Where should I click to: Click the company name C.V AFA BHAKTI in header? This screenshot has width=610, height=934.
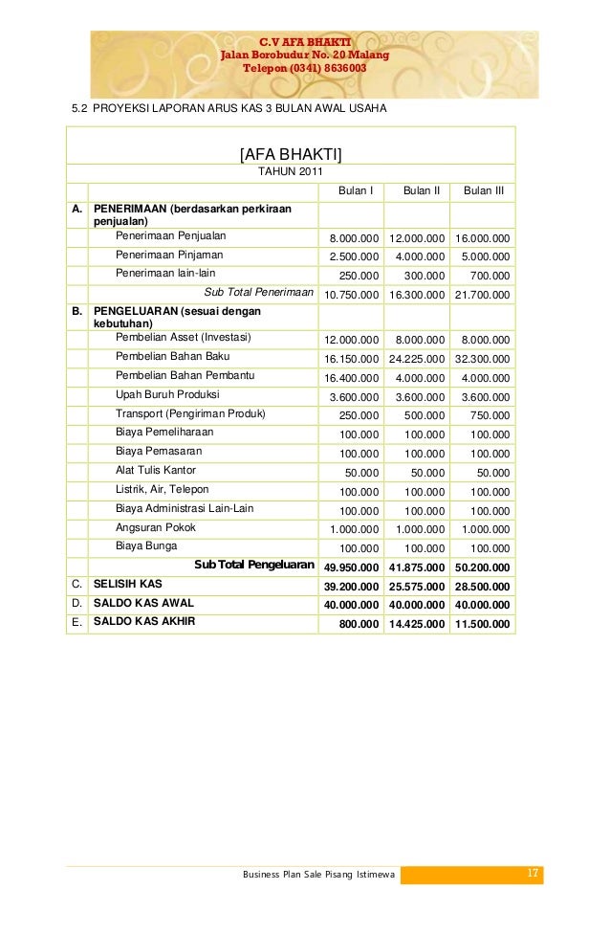point(305,41)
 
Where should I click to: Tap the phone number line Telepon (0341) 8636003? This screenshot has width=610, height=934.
point(305,69)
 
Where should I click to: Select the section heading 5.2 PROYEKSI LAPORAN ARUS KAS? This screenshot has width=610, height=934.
point(229,109)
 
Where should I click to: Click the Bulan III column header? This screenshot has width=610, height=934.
point(484,191)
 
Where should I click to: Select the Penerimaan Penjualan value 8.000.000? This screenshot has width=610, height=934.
point(354,237)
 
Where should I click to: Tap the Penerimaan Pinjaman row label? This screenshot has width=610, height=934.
point(169,256)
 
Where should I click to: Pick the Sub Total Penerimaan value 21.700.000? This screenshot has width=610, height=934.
point(482,295)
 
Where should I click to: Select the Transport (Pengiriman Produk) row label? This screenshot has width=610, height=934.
point(190,414)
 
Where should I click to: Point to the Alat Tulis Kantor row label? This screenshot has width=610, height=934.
point(155,471)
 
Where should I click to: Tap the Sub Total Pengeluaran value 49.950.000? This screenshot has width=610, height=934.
point(352,567)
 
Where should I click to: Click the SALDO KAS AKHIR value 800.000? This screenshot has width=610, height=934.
point(360,624)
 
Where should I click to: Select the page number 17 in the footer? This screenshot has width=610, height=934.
point(533,873)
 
